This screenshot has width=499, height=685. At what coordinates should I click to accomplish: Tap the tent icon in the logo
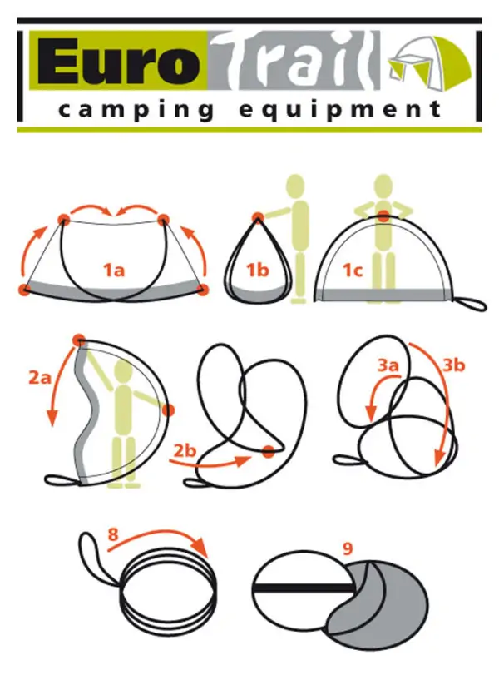[430, 60]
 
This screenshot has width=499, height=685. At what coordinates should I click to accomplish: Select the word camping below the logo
[136, 109]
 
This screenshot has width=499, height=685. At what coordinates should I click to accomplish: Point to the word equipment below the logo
[340, 109]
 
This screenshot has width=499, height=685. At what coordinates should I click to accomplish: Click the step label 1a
[114, 271]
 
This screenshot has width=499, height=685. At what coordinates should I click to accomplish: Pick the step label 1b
[258, 271]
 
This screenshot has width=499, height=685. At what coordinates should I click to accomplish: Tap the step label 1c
[353, 271]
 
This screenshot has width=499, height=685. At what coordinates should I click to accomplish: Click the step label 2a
[40, 377]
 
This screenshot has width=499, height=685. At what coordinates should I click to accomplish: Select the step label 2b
[185, 450]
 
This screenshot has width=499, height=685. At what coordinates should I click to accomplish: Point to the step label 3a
[388, 365]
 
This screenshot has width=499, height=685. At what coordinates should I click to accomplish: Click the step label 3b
[453, 365]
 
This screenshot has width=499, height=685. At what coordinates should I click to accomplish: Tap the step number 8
[112, 534]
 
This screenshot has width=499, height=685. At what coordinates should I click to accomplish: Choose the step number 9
[348, 548]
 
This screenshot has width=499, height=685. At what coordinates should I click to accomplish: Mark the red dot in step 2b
[269, 452]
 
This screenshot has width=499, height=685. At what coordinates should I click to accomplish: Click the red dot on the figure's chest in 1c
[383, 216]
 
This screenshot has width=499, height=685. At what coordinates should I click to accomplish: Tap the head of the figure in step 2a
[123, 373]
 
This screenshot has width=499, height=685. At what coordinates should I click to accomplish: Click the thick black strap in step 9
[303, 589]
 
